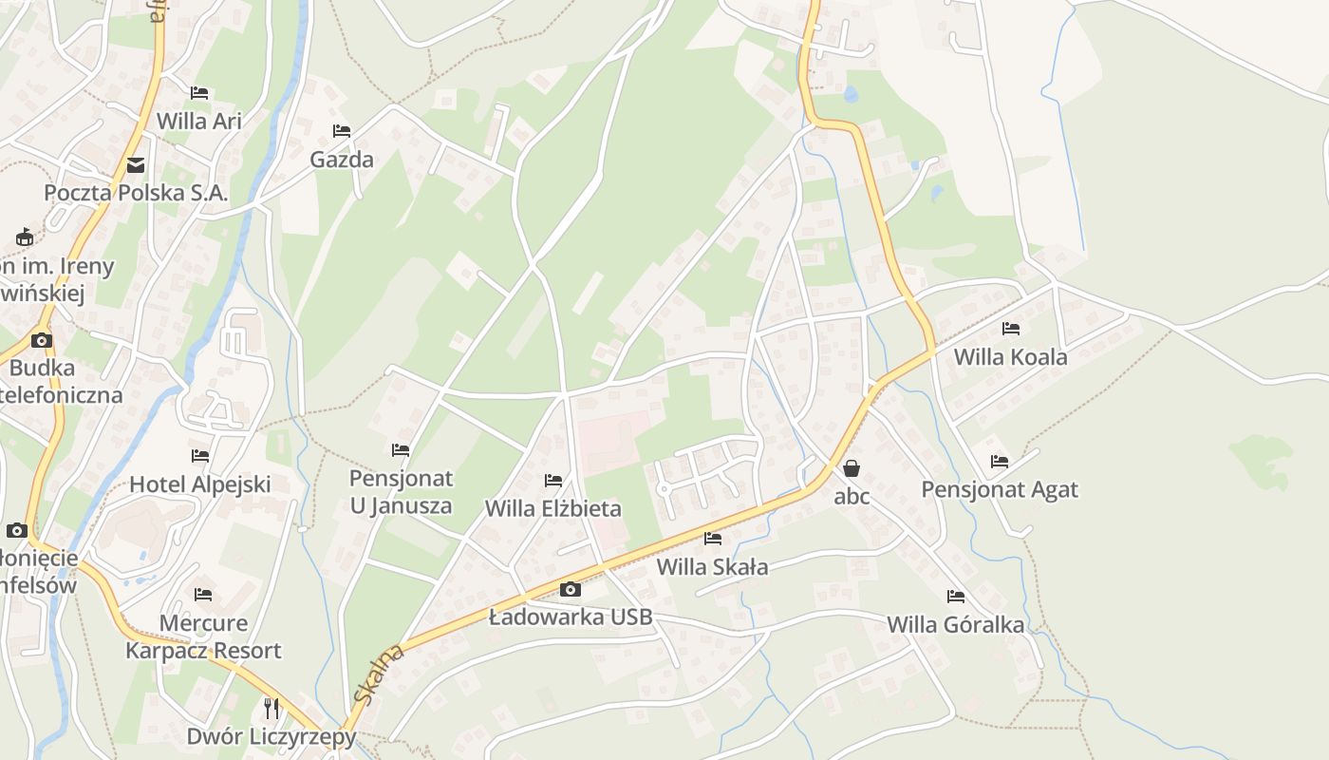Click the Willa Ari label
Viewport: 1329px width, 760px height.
coord(199,121)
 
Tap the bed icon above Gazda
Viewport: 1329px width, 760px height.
coord(342,130)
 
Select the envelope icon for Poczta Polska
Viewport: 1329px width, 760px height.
coord(136,165)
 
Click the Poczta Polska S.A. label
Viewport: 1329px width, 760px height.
coord(136,193)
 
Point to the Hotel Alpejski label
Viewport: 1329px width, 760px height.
coord(200,484)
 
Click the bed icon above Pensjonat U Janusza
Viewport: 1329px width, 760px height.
coord(401,449)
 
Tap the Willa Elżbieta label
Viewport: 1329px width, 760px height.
coord(553,508)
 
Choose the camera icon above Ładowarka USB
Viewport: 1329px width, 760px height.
coord(571,589)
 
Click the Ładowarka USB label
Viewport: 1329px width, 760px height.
coord(571,617)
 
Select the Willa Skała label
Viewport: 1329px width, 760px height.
coord(713,567)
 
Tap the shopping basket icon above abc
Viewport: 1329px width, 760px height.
coord(852,468)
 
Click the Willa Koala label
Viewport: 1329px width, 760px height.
coord(1011,357)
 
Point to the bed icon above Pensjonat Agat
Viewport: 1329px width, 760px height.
coord(1000,462)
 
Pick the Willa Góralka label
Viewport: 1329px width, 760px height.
coord(956,624)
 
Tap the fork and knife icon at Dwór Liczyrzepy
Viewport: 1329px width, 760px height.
coord(271,708)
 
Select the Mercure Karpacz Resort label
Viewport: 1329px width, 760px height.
coord(204,636)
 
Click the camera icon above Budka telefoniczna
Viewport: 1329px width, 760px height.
coord(41,340)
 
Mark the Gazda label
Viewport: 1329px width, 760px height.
coord(342,159)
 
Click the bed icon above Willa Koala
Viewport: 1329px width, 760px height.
coord(1011,329)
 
